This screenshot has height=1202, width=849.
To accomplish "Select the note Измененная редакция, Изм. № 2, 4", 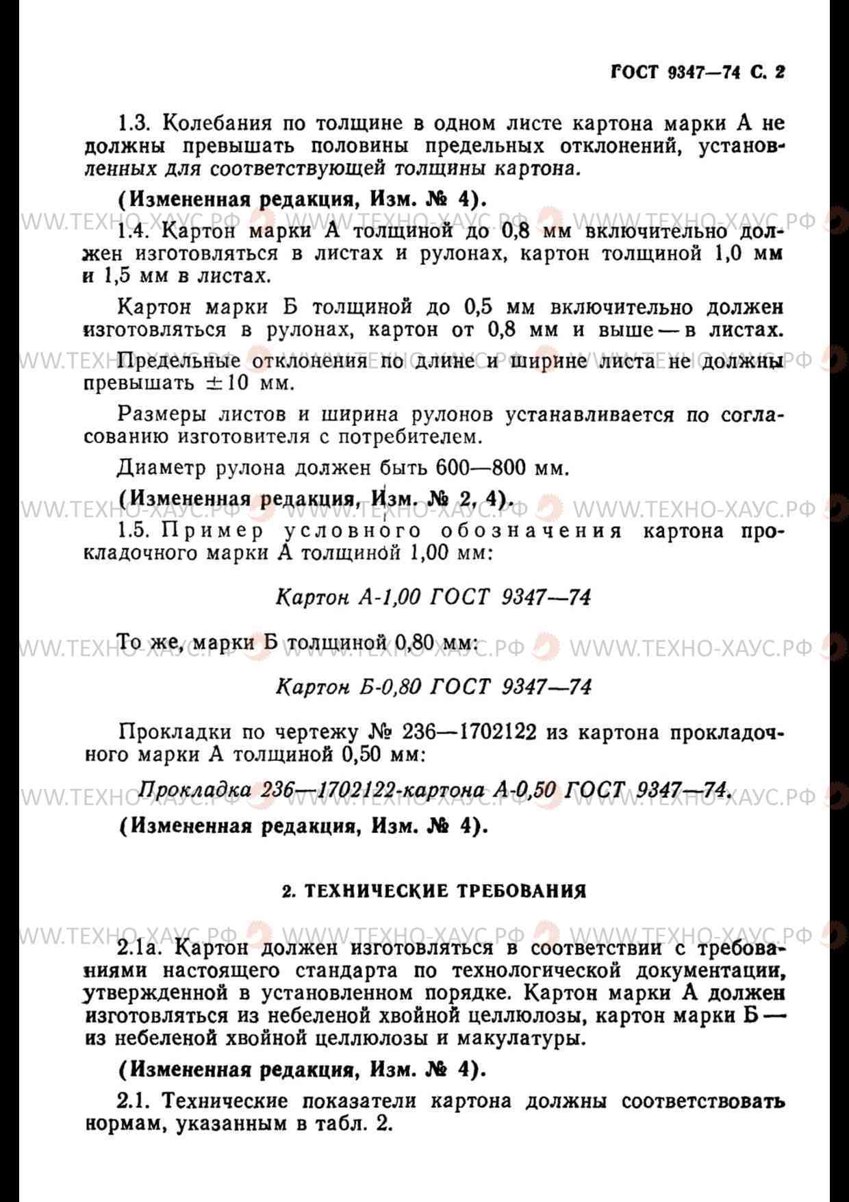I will point(316,499).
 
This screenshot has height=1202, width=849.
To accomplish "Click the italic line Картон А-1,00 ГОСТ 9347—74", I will point(433,597).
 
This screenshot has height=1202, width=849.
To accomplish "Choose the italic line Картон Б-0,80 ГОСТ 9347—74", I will point(433,686).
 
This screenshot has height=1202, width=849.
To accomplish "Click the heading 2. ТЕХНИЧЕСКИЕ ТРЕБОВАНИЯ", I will point(434,891).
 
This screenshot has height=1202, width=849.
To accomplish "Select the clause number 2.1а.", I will point(142,949).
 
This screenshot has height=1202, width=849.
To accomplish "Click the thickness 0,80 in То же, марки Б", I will point(415,643).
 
